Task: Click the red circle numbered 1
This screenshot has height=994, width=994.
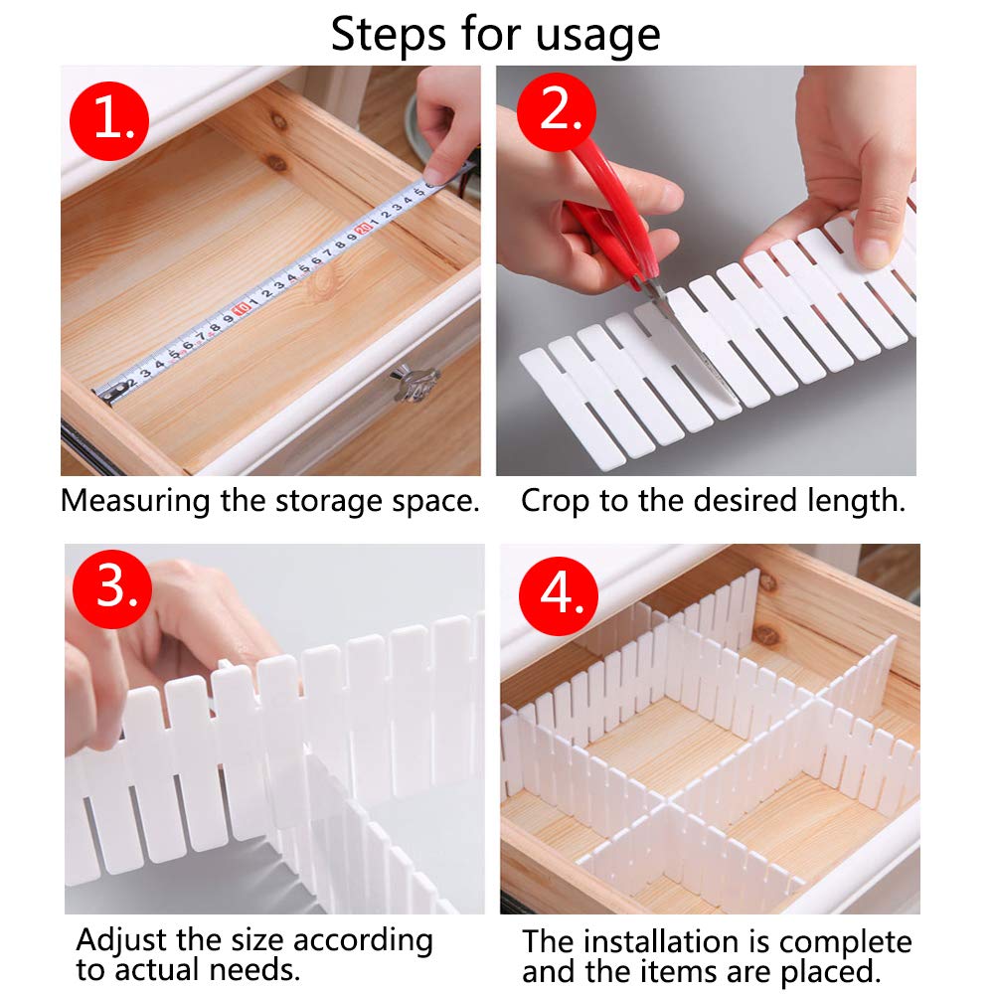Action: (109, 121)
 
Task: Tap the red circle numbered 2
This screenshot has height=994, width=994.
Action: (556, 111)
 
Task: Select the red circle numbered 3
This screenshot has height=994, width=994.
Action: (112, 588)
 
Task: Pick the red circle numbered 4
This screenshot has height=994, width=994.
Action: (559, 596)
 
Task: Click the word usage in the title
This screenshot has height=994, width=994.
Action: (597, 36)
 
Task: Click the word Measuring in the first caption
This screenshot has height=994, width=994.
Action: (135, 502)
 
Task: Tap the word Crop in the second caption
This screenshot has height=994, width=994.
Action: (555, 502)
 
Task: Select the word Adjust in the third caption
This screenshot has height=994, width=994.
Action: (123, 940)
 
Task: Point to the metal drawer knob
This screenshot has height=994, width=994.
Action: (415, 383)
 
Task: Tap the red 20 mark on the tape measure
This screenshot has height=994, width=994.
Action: (363, 227)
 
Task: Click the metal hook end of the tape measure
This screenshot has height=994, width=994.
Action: (106, 395)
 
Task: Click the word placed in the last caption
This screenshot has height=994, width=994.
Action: (830, 972)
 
